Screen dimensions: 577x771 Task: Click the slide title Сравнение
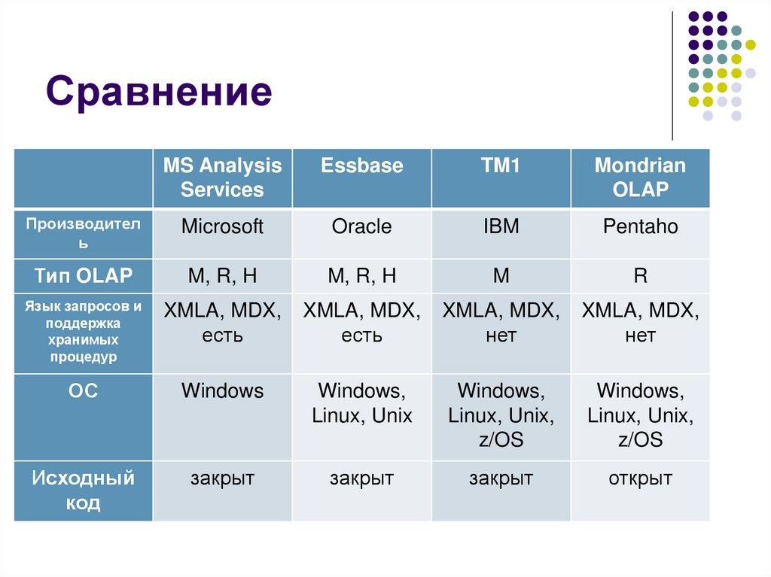point(158,92)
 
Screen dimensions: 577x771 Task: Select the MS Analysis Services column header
point(222,178)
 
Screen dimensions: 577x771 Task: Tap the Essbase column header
point(361,166)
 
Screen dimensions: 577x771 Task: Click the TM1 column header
point(501,166)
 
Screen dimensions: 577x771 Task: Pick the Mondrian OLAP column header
point(640,178)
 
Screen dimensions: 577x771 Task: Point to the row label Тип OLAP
point(83,276)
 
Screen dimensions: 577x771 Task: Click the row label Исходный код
point(83,490)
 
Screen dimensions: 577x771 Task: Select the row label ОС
point(83,391)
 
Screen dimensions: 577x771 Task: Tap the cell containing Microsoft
point(222,227)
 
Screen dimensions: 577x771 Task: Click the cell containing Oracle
point(361,227)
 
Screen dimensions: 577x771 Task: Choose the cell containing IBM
point(501,227)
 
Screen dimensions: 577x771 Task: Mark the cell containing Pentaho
point(640,227)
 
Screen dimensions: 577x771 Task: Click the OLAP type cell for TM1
point(501,276)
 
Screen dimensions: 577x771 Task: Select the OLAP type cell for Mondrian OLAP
point(640,276)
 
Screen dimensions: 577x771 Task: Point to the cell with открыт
point(640,478)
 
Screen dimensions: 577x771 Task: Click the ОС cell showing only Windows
point(222,391)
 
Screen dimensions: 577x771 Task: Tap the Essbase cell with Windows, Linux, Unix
point(361,403)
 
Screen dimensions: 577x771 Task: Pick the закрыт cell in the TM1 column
point(501,478)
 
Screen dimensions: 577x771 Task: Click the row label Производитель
point(83,233)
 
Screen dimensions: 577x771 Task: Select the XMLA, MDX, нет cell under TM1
point(501,323)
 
